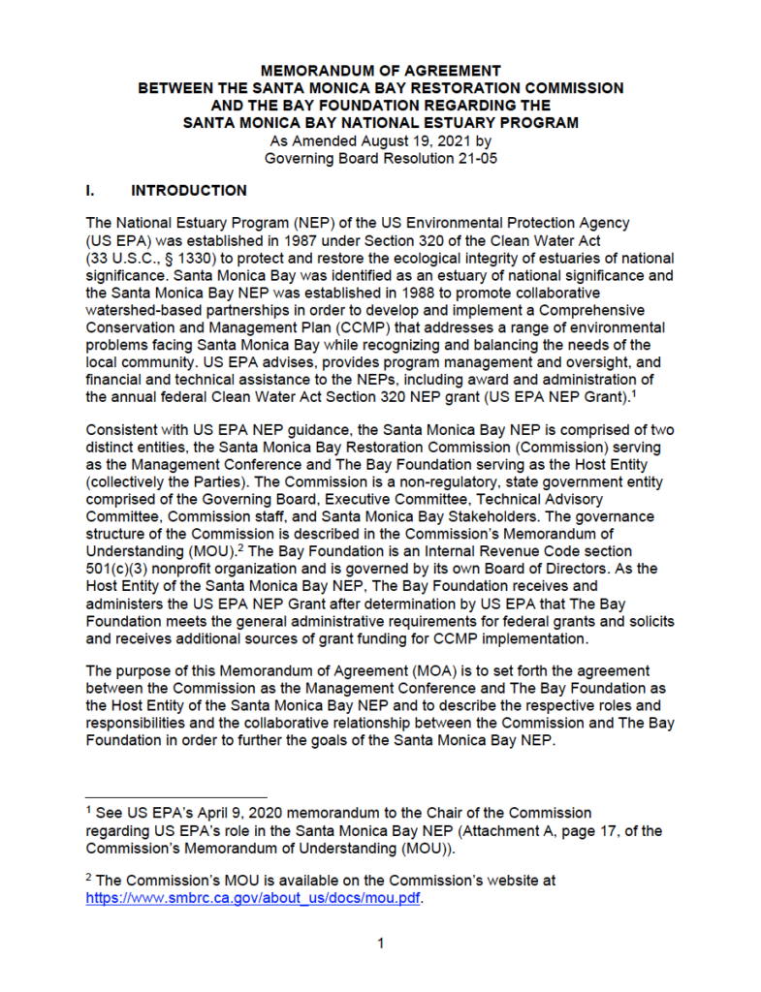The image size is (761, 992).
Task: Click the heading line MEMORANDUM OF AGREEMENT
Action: [x=381, y=71]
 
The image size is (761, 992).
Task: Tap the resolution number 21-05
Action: [x=475, y=158]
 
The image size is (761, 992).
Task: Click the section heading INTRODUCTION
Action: [x=189, y=191]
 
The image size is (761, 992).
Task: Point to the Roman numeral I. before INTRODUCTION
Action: [x=90, y=191]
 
